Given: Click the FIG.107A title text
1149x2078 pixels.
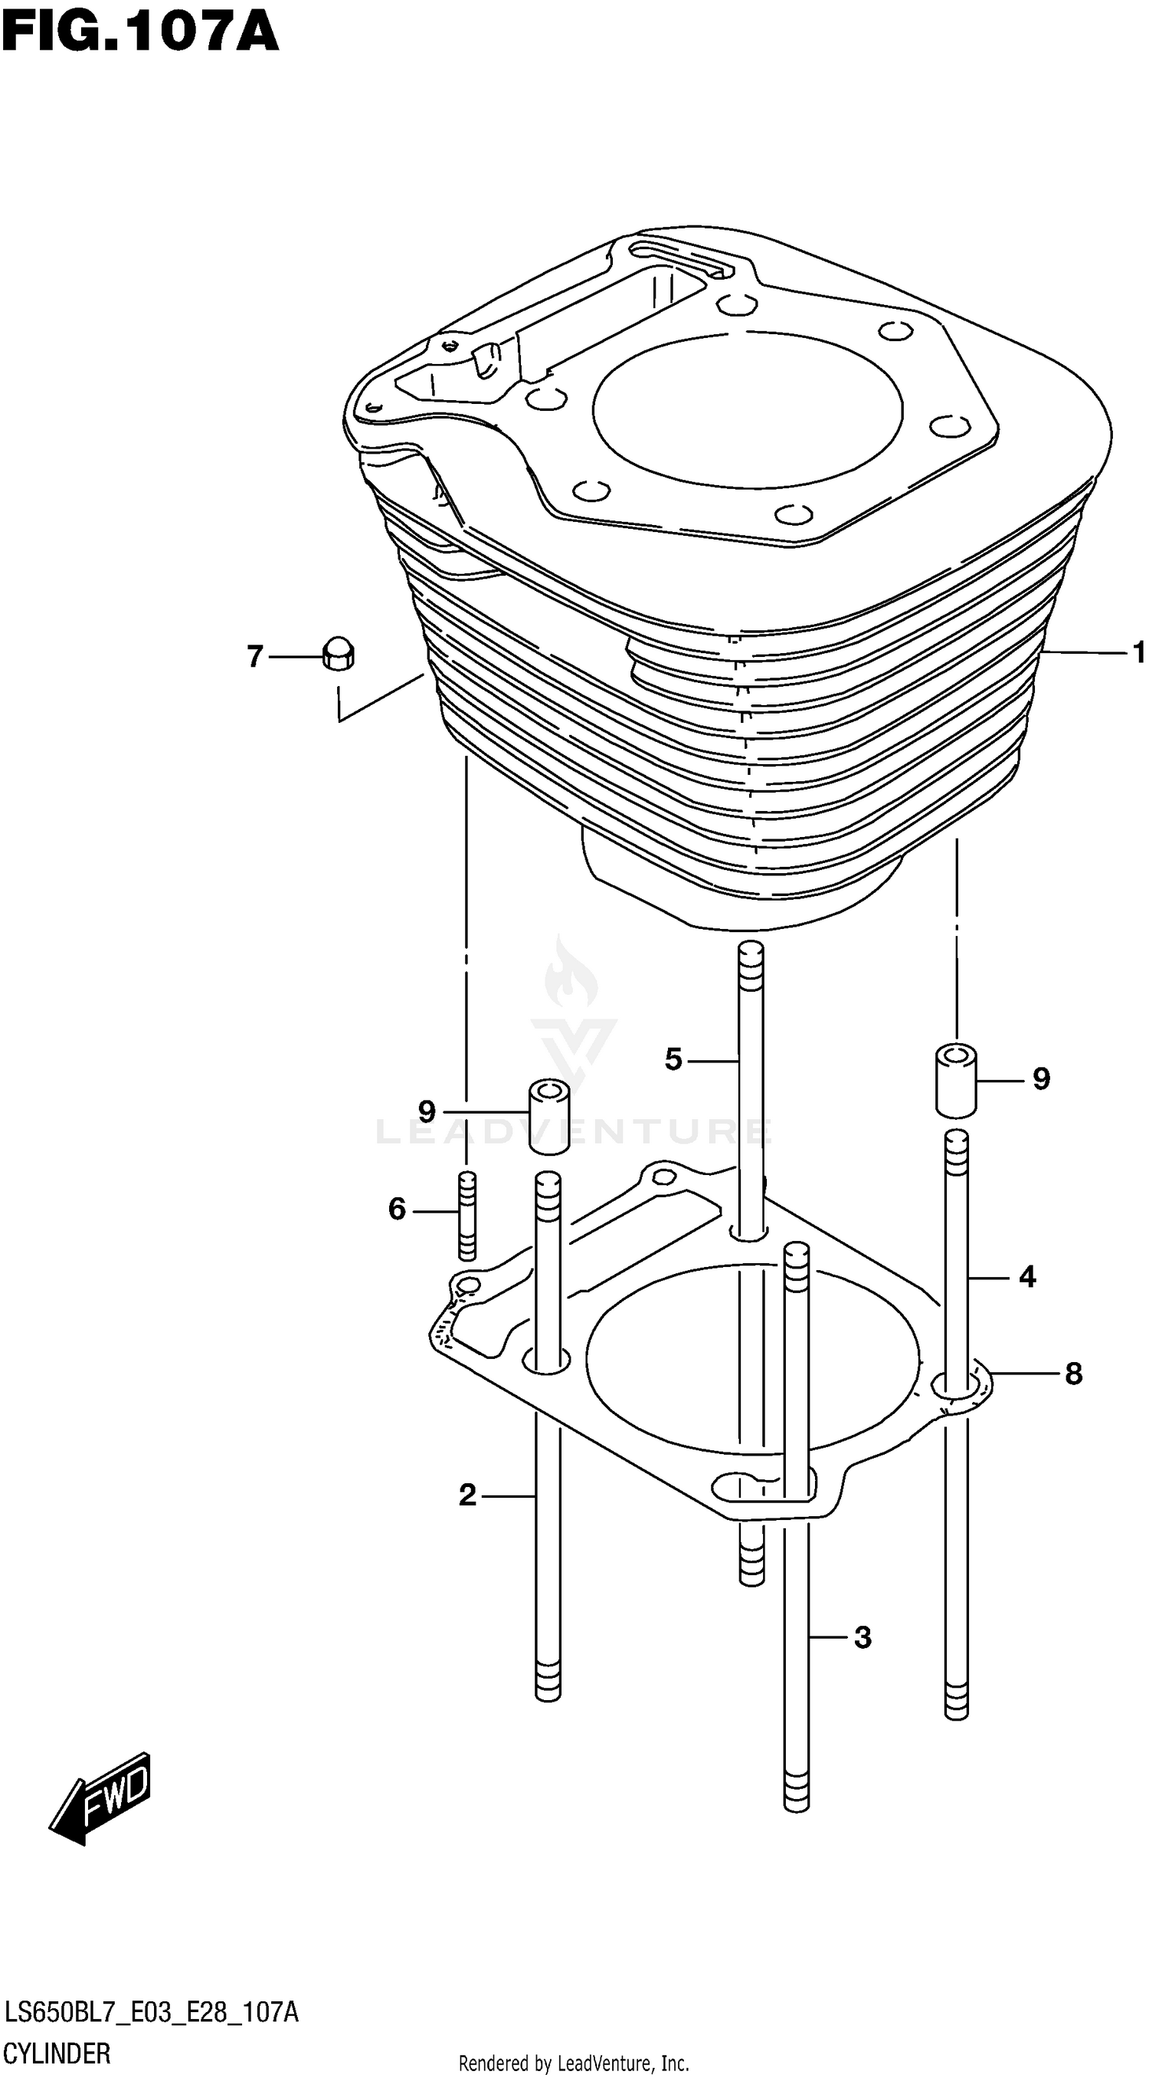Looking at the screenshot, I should click(x=140, y=34).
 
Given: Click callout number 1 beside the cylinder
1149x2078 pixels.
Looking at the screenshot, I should click(x=1138, y=652).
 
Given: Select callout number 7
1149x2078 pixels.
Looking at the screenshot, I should click(x=255, y=657).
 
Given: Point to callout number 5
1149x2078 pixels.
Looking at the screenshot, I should click(x=673, y=1059).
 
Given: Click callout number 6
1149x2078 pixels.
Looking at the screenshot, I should click(x=397, y=1210).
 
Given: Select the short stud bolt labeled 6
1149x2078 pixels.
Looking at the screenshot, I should click(x=466, y=1216).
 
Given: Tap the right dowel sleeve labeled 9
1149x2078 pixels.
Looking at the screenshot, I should click(x=956, y=1081).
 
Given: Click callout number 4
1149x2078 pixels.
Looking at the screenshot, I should click(x=1026, y=1277).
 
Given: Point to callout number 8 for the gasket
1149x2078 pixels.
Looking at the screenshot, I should click(x=1073, y=1374).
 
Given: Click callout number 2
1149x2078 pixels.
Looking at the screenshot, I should click(x=468, y=1495).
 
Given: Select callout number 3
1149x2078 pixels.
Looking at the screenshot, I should click(x=862, y=1637).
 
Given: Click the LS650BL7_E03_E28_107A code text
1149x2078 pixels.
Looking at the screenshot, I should click(x=152, y=2014).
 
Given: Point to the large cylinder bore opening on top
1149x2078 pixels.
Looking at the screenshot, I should click(x=748, y=411).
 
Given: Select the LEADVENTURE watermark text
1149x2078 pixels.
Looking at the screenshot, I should click(x=573, y=1132).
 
